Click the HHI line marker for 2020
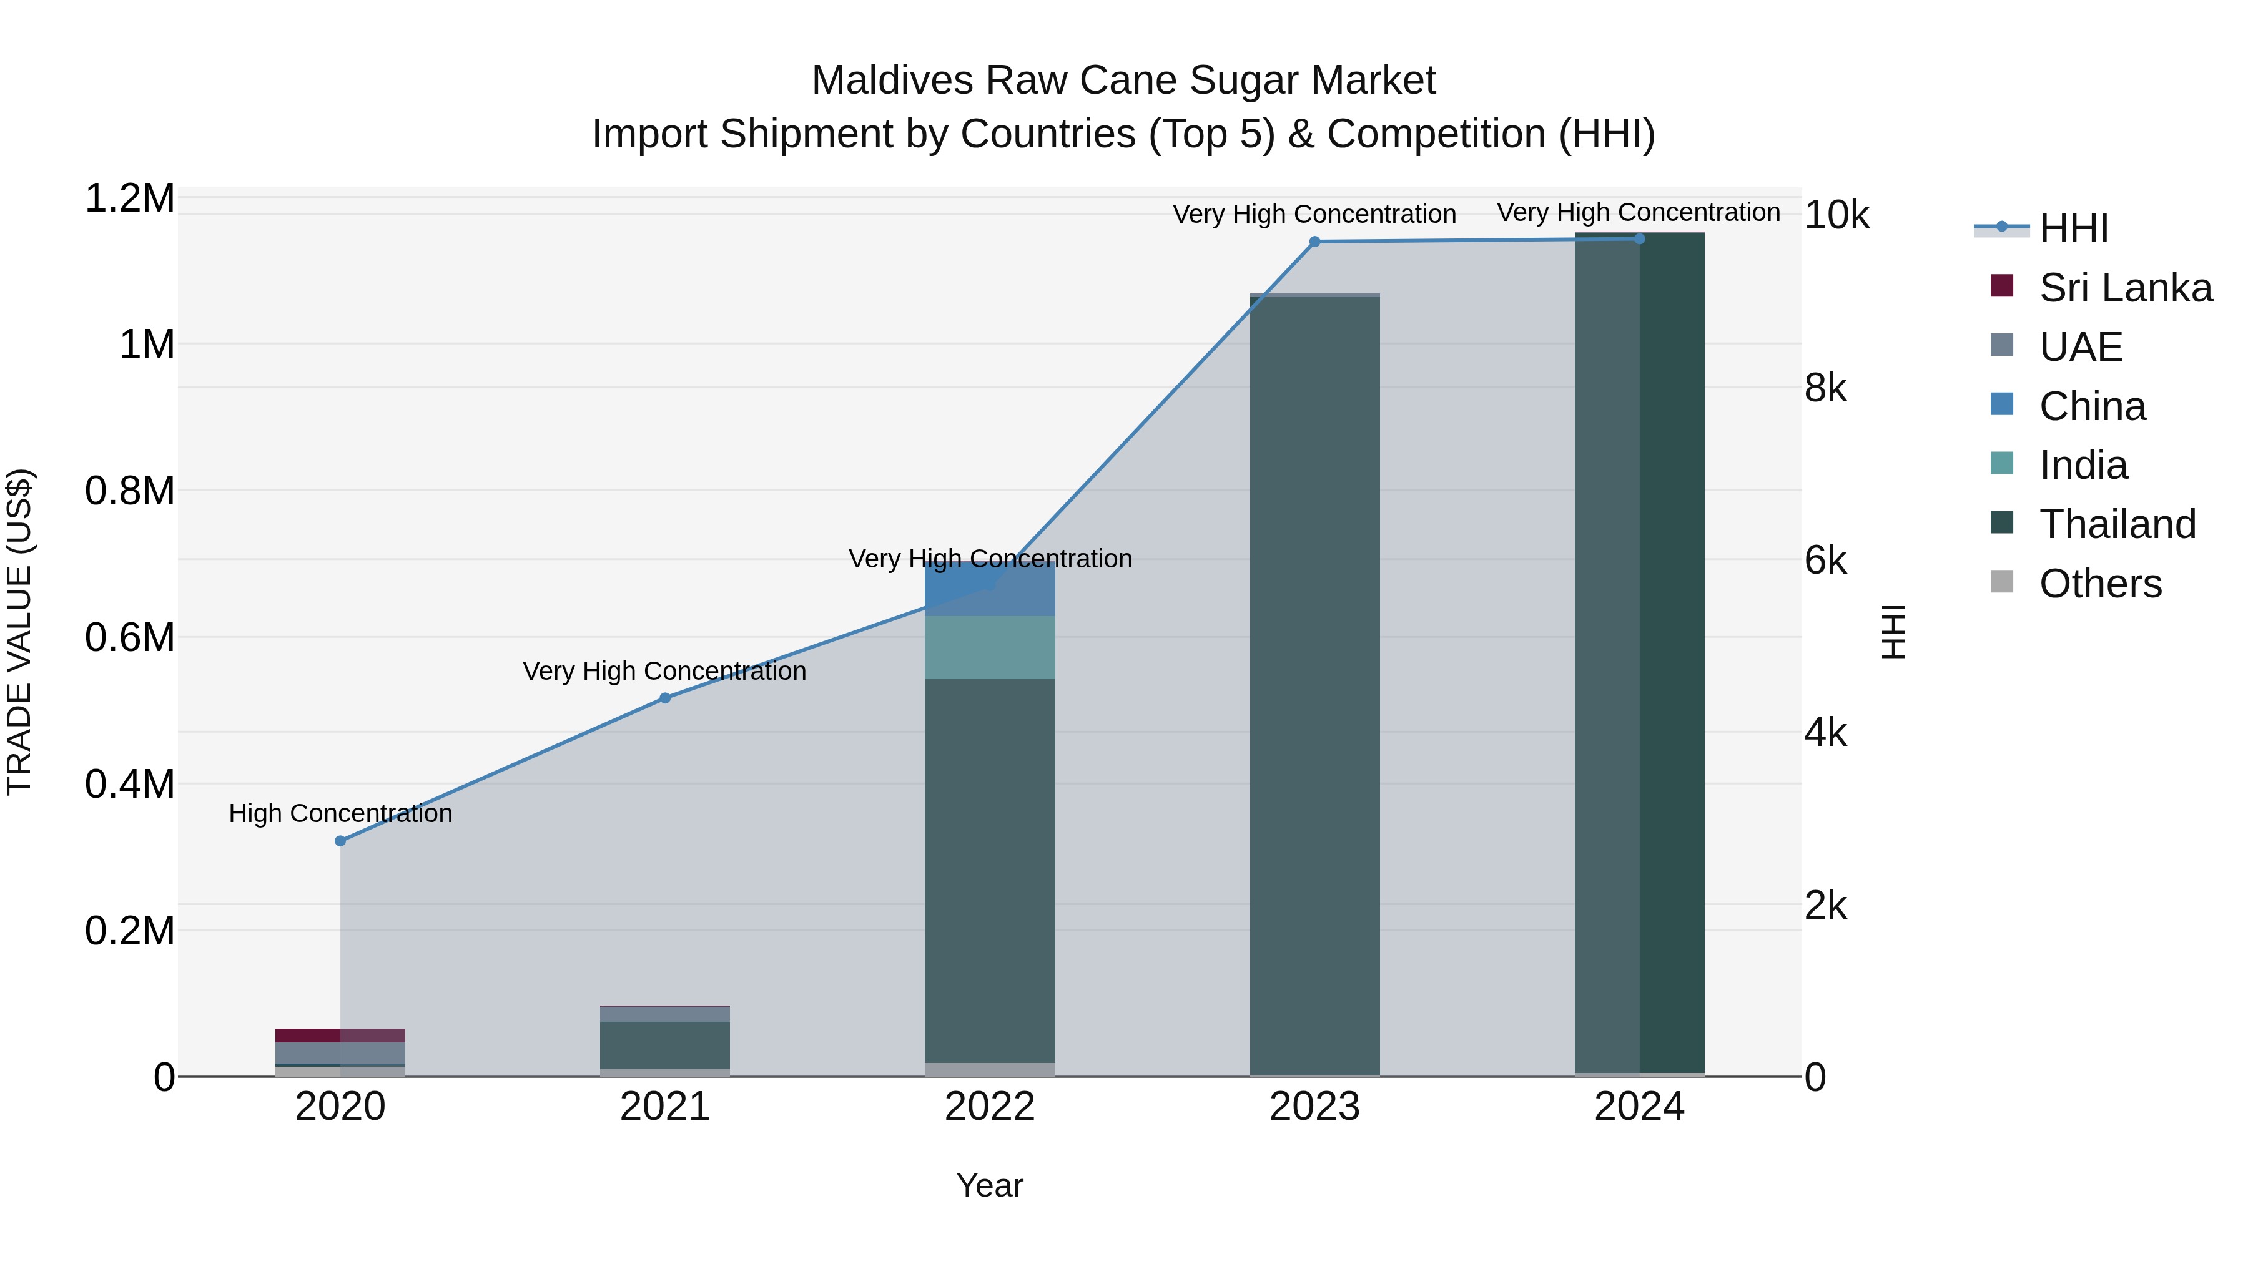point(340,841)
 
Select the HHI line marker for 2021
point(665,698)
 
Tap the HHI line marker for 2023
point(1314,242)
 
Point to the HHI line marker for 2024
point(1639,238)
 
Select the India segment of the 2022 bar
point(990,647)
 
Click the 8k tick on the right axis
point(1826,388)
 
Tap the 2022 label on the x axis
point(990,1107)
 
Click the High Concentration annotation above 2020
point(340,813)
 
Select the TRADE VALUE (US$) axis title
point(19,632)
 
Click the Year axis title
point(990,1185)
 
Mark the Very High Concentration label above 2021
point(664,671)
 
